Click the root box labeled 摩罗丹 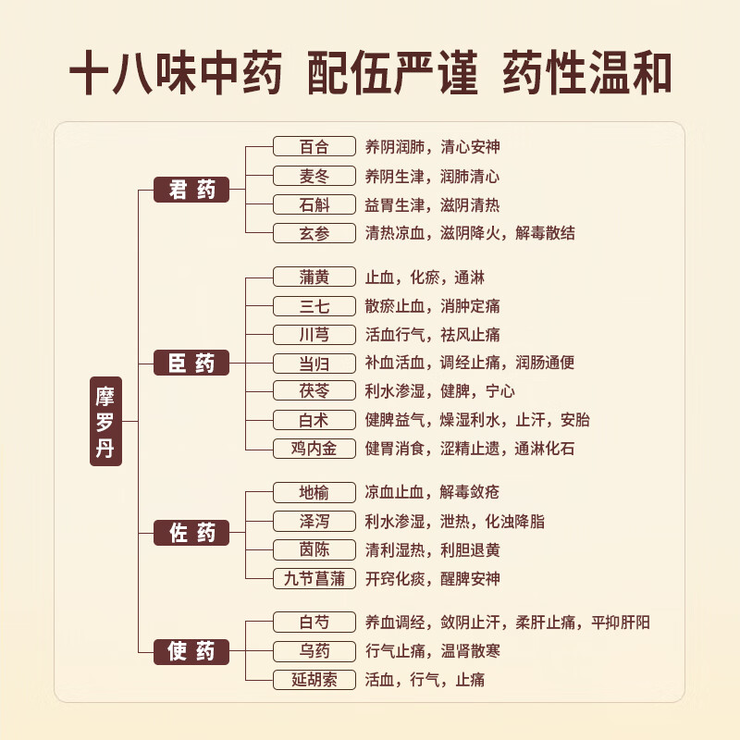coord(105,421)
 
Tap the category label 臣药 coord(191,364)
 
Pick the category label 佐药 coord(191,533)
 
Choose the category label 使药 coord(191,651)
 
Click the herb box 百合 coord(314,146)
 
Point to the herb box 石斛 coord(314,204)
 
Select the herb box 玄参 coord(314,233)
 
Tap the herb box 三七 coord(314,305)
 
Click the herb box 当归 coord(314,363)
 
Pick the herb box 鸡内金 coord(314,449)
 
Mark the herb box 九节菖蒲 coord(314,579)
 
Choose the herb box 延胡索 coord(314,680)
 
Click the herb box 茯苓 coord(314,391)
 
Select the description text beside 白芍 coord(507,623)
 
